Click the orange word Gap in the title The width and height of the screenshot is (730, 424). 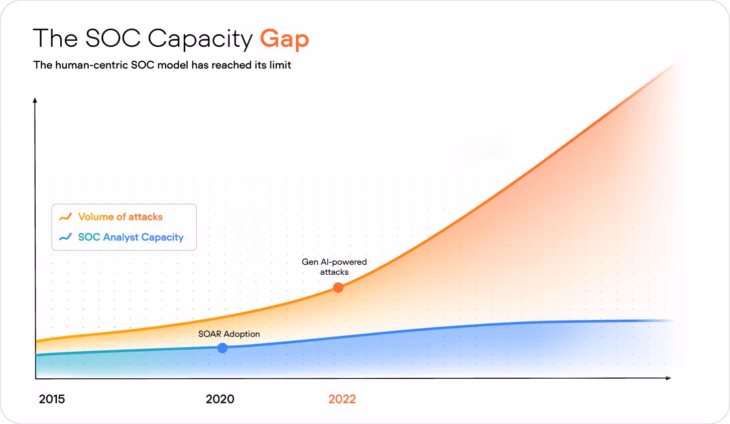284,39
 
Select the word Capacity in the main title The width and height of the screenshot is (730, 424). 200,39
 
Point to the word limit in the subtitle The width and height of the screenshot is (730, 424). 280,65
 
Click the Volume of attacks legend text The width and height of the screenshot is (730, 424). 120,217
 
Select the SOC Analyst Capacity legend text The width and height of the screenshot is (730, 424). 131,237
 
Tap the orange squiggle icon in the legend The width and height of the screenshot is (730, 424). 65,217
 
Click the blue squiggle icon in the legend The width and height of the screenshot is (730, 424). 65,237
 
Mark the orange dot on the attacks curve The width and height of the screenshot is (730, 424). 338,287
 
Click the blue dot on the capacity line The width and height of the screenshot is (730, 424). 222,348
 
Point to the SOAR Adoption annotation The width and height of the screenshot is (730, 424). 229,334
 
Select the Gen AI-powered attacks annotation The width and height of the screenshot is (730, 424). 334,267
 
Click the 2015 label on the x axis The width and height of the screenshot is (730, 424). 52,399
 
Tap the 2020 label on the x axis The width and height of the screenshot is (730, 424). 220,399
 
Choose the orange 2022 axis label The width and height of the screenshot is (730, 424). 342,399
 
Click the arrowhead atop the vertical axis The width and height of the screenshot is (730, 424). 35,100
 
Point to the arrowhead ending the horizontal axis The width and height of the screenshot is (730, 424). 668,378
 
